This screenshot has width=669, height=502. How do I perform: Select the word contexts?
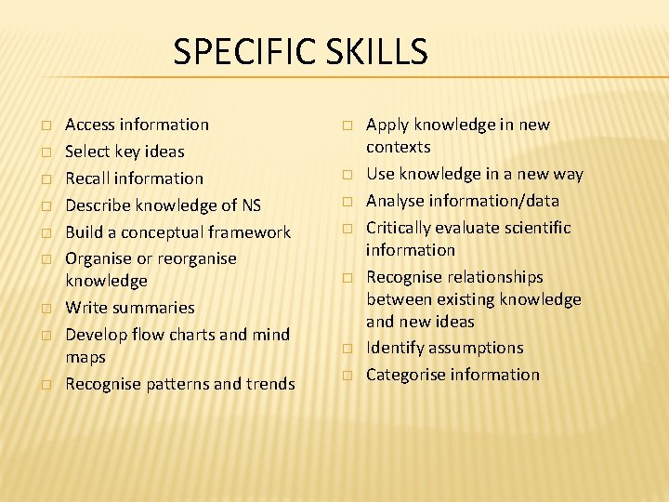coord(399,147)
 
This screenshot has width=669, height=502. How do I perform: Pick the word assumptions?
coord(477,348)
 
